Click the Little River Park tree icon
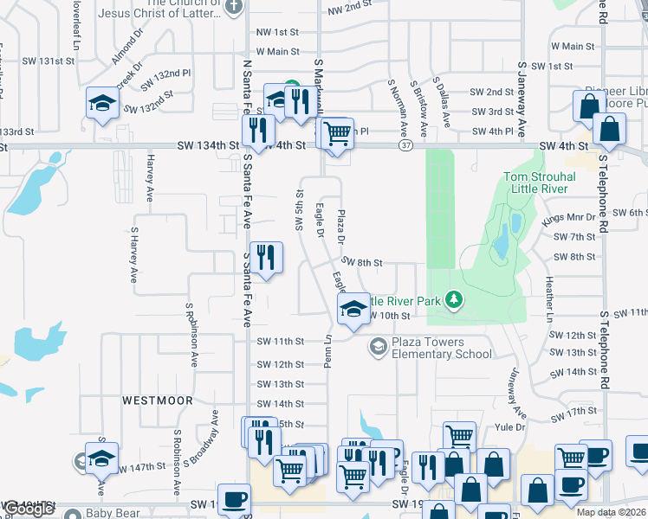tap(453, 300)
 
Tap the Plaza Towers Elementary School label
tap(442, 348)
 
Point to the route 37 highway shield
tap(405, 146)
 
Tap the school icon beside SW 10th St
tap(353, 310)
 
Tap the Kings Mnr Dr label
tap(569, 219)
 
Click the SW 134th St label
tap(208, 146)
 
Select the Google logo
tap(28, 509)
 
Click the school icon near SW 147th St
tap(101, 458)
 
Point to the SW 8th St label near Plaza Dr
tap(361, 262)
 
